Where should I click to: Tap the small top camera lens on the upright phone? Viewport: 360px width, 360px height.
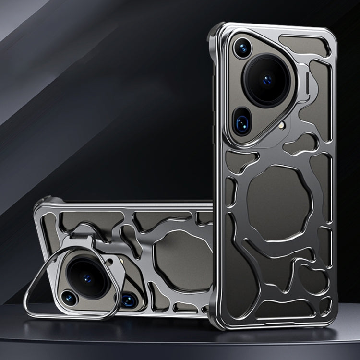coord(243,48)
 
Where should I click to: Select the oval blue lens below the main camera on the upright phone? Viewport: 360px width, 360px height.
coord(242,123)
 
